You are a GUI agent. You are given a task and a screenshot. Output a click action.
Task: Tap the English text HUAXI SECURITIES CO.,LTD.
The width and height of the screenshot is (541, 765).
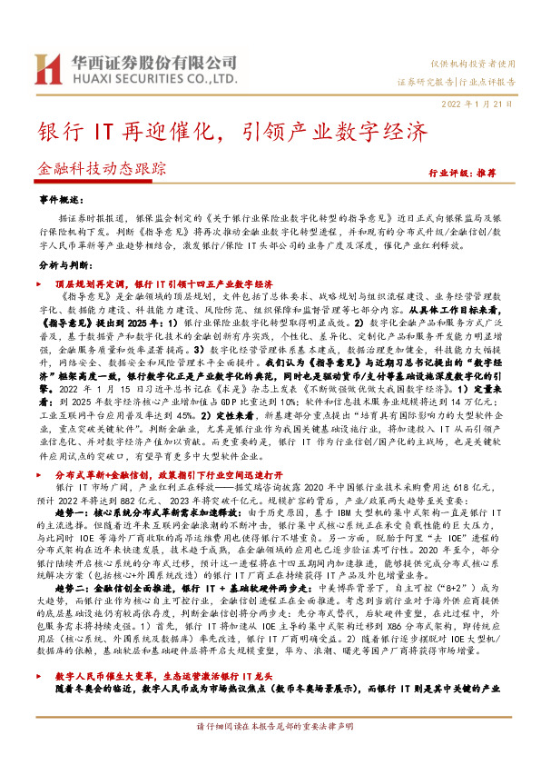150,79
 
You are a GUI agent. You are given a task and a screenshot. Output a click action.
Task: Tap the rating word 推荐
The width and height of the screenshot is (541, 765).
510,171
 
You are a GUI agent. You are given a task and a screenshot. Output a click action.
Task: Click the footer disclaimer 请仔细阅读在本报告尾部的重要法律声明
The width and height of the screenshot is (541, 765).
270,752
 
